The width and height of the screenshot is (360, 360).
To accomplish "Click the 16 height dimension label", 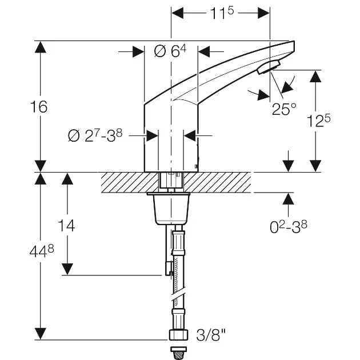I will click(39, 107).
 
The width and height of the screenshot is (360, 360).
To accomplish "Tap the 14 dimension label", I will click(67, 225).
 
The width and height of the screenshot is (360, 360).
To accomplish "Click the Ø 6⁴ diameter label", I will click(170, 51).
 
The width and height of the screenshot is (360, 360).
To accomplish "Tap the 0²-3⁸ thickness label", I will click(288, 226).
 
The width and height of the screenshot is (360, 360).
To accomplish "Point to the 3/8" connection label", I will click(210, 333).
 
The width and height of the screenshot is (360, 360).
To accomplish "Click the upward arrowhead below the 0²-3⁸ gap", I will click(288, 199).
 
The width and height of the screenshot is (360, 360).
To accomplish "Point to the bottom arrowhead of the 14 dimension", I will click(67, 269).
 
